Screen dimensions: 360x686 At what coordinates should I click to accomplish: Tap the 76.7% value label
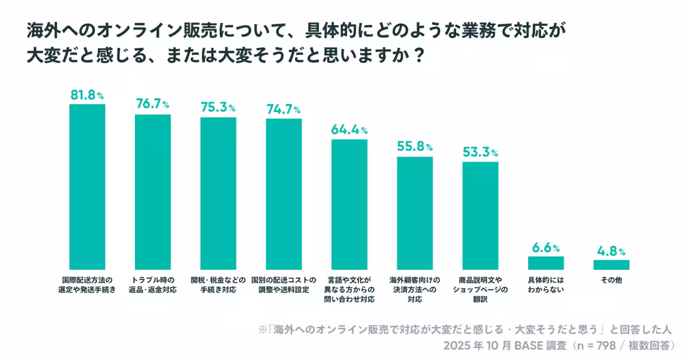[x=152, y=104]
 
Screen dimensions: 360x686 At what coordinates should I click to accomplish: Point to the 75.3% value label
[x=218, y=107]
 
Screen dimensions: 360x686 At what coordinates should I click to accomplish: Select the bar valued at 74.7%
[x=284, y=194]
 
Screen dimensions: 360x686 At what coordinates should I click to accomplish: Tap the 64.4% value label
[x=349, y=130]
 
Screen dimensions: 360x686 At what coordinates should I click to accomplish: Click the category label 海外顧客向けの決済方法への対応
[x=414, y=290]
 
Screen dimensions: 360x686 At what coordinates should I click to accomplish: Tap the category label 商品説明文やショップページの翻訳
[x=480, y=290]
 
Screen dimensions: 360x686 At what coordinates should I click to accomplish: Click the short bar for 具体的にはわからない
[x=545, y=263]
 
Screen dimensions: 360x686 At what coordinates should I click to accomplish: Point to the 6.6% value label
[x=545, y=248]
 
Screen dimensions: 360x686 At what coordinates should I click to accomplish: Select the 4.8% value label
[x=611, y=251]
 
